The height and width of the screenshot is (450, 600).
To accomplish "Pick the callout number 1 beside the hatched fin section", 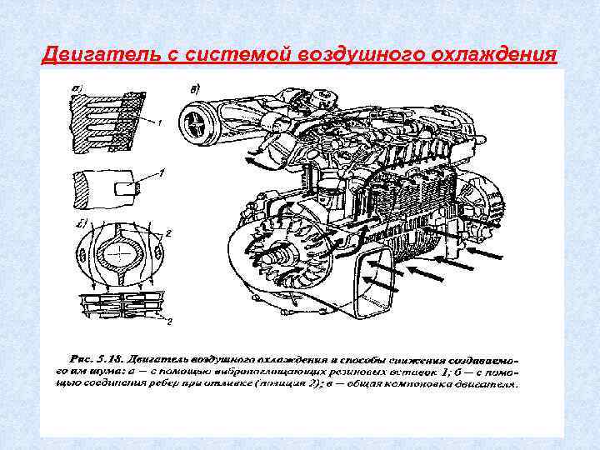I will point(158,122).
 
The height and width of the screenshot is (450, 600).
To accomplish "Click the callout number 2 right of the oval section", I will point(168,235).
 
